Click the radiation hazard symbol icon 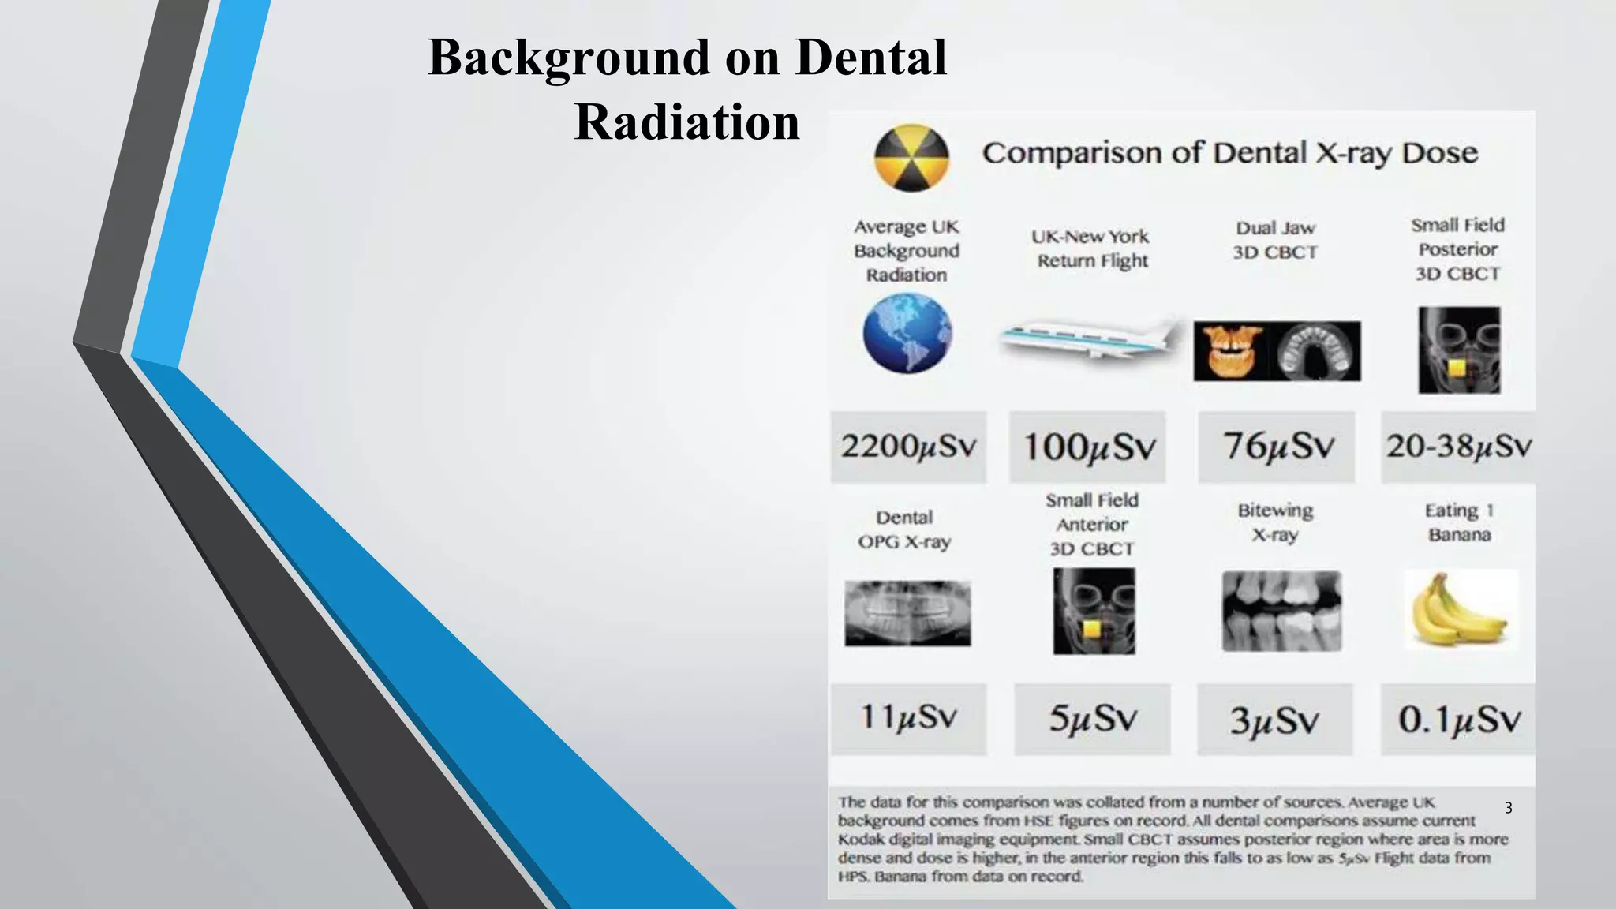[911, 158]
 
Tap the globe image [907, 333]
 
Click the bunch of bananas [1460, 610]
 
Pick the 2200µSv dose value [908, 447]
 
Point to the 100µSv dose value [1088, 447]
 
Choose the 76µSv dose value [1277, 447]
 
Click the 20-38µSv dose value [1459, 447]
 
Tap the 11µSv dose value [908, 718]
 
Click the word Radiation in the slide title [686, 122]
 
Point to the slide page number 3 [1508, 808]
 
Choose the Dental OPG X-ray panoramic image [907, 614]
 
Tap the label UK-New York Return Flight [1091, 248]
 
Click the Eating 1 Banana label [1459, 522]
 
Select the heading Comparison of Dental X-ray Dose [1229, 152]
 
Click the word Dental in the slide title [870, 58]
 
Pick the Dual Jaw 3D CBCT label [1275, 240]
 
